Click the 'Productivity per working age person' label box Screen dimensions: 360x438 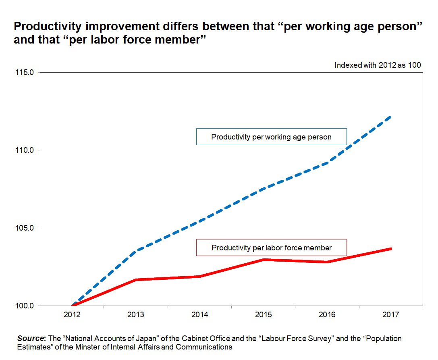pos(271,137)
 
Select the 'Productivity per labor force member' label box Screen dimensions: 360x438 pos(271,248)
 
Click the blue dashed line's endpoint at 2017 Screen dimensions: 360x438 pos(390,117)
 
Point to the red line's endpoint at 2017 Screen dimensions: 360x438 pos(390,249)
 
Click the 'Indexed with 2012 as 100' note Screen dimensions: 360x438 pos(378,65)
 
